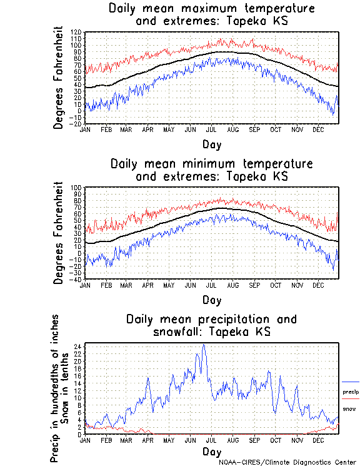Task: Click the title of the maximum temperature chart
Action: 211,15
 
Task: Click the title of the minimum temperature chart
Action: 211,170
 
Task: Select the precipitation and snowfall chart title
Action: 211,325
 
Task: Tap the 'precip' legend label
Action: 351,392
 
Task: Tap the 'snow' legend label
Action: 349,409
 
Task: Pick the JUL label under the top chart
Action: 211,129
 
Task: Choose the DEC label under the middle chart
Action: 317,285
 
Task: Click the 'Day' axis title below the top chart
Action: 211,144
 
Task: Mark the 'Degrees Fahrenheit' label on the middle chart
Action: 59,233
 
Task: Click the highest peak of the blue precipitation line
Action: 203,345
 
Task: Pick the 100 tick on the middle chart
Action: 76,188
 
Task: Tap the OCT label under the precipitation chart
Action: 275,440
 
